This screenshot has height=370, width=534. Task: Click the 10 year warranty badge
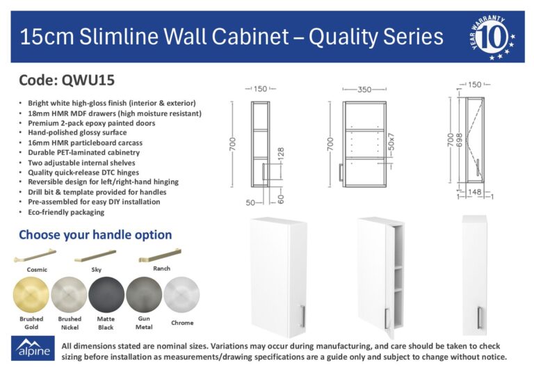pyautogui.click(x=492, y=37)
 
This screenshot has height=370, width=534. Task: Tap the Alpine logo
pyautogui.click(x=33, y=348)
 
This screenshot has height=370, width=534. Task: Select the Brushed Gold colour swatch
pyautogui.click(x=31, y=295)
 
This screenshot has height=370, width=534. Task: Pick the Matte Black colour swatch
pyautogui.click(x=106, y=295)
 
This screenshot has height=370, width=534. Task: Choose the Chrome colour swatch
pyautogui.click(x=181, y=295)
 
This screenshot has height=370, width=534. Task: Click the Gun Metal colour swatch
pyautogui.click(x=144, y=295)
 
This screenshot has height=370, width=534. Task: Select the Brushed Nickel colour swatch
pyautogui.click(x=69, y=295)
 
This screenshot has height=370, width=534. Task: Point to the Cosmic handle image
pyautogui.click(x=35, y=255)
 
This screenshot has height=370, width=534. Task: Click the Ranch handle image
pyautogui.click(x=160, y=255)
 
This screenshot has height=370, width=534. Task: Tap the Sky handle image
pyautogui.click(x=95, y=256)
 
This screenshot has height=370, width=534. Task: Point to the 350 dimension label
pyautogui.click(x=364, y=90)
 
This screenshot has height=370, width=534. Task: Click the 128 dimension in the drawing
pyautogui.click(x=281, y=154)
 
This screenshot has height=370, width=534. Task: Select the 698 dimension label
pyautogui.click(x=459, y=140)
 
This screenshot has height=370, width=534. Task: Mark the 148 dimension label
pyautogui.click(x=474, y=192)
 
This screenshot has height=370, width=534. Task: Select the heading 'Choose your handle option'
pyautogui.click(x=95, y=235)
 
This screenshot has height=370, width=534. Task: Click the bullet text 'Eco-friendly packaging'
pyautogui.click(x=66, y=212)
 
